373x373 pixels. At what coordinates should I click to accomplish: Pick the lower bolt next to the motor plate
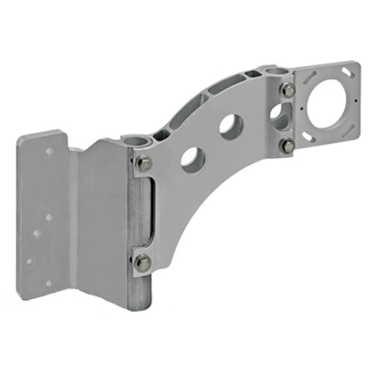point(287,146)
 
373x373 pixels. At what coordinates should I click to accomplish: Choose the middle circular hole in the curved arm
point(230,125)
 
